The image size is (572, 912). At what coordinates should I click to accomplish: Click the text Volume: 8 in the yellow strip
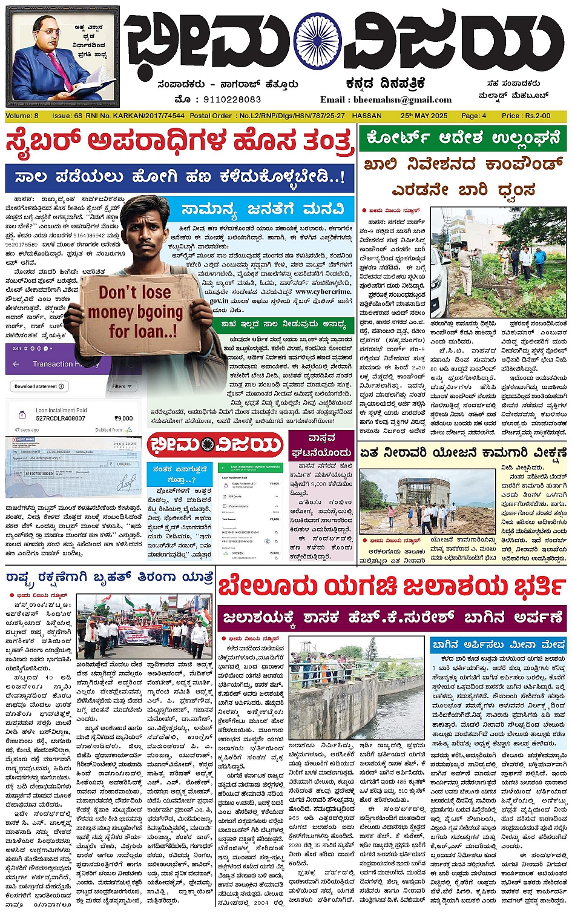22,116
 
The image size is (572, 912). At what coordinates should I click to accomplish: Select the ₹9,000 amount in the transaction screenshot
123,418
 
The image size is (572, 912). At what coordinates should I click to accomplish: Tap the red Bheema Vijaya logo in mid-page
215,446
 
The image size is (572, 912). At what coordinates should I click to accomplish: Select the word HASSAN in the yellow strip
367,116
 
